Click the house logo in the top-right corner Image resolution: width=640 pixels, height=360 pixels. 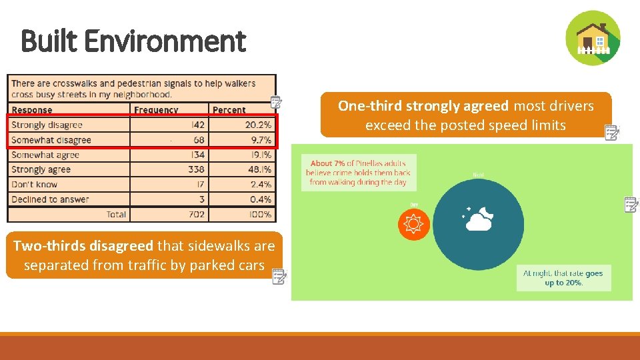[x=593, y=38]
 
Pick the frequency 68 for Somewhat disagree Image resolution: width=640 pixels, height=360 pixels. [x=198, y=140]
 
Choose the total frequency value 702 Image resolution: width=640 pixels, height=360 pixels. [x=196, y=214]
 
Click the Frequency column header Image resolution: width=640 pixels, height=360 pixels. [x=156, y=110]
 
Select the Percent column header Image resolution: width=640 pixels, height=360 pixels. [x=229, y=110]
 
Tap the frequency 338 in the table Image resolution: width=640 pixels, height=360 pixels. [x=196, y=169]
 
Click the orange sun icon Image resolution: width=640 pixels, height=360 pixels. [x=413, y=223]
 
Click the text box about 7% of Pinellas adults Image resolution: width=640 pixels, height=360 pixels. [x=359, y=172]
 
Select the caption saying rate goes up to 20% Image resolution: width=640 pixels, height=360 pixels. [x=563, y=278]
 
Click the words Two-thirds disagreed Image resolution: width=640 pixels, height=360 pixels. [x=83, y=246]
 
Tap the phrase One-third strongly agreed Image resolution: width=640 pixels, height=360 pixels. [x=423, y=106]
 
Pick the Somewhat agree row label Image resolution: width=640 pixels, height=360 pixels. [x=45, y=155]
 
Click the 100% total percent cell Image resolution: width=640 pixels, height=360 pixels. [x=259, y=214]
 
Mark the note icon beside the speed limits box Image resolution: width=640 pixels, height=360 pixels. [x=611, y=132]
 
